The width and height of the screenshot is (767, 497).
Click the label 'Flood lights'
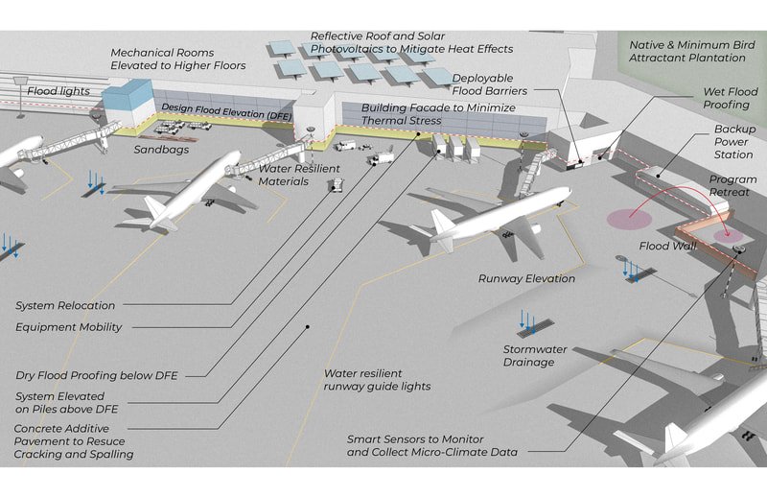(x=58, y=91)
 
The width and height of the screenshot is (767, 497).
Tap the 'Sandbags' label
(x=161, y=150)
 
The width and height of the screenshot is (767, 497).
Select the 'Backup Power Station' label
(x=733, y=141)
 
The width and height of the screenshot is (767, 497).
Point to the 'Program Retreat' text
(x=732, y=186)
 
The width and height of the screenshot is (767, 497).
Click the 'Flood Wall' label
(x=668, y=246)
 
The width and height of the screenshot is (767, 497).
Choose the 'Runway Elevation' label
(x=526, y=278)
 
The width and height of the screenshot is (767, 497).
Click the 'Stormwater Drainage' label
(x=528, y=355)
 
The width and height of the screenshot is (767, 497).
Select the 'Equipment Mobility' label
(x=69, y=327)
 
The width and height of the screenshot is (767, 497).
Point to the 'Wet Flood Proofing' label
(x=724, y=99)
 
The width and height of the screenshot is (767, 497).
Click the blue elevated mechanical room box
(x=128, y=100)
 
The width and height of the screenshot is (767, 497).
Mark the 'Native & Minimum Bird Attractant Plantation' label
(x=686, y=52)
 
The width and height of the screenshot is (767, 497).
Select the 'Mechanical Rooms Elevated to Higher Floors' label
(x=177, y=59)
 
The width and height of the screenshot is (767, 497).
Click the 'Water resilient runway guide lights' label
(x=377, y=379)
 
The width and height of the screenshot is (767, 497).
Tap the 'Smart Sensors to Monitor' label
(x=431, y=438)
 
